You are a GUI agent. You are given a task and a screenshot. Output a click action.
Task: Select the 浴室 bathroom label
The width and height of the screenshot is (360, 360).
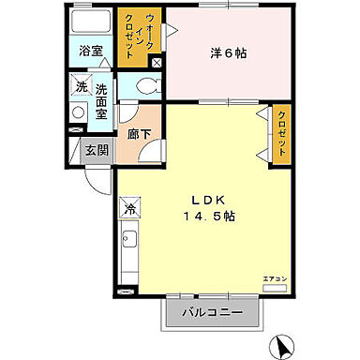click(x=90, y=51)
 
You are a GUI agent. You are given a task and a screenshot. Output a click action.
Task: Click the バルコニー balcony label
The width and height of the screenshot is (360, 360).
click(x=212, y=311)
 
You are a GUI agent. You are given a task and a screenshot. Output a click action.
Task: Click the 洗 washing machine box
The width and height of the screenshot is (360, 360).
click(x=81, y=87)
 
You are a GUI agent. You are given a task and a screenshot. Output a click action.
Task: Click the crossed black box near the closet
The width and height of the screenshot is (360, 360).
click(x=157, y=63)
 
